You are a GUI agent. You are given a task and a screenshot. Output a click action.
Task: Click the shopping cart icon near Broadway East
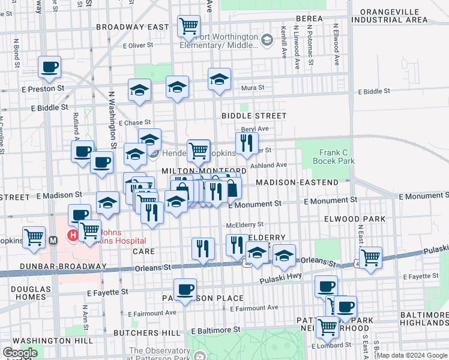[x=188, y=26]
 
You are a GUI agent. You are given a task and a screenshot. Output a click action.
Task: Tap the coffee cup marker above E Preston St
[x=49, y=67]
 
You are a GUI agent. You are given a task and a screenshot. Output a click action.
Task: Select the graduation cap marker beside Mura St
[x=219, y=80]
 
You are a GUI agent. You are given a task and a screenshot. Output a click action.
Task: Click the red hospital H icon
[x=73, y=235]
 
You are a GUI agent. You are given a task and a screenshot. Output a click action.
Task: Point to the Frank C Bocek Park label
[x=337, y=157]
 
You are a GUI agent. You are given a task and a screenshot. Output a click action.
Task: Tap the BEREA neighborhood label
[x=309, y=19]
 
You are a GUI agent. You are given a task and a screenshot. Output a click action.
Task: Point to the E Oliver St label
[x=142, y=45]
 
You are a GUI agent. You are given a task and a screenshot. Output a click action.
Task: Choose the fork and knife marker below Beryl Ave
[x=246, y=143]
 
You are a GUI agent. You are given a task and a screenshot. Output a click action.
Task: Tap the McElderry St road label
[x=244, y=225]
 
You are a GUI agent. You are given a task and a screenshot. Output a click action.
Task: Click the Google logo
[x=20, y=353]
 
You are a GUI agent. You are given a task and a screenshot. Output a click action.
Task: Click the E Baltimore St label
[x=215, y=330]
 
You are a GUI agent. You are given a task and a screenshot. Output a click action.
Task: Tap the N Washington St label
[x=112, y=119]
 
